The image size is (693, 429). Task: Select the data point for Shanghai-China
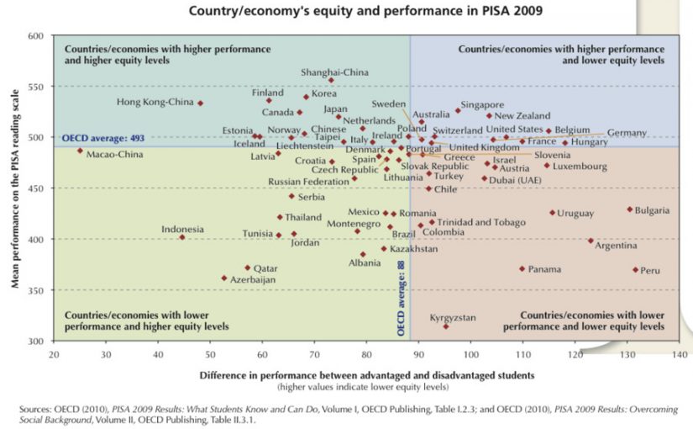pyautogui.click(x=331, y=81)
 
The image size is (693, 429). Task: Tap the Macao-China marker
pyautogui.click(x=80, y=151)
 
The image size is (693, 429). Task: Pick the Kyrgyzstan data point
pyautogui.click(x=446, y=326)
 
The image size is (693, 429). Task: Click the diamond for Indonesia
pyautogui.click(x=182, y=237)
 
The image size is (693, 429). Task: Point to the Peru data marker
pyautogui.click(x=635, y=270)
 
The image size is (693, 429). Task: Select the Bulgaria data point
pyautogui.click(x=629, y=209)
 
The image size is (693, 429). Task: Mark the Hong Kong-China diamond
pyautogui.click(x=200, y=103)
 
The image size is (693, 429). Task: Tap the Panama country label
pyautogui.click(x=544, y=269)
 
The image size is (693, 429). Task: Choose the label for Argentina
pyautogui.click(x=616, y=246)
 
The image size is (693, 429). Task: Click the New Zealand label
pyautogui.click(x=522, y=116)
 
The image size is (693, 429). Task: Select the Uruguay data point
pyautogui.click(x=552, y=213)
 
